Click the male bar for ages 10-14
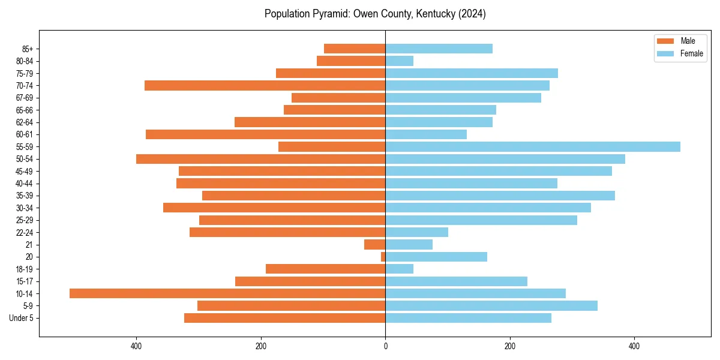coord(227,293)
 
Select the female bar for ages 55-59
coord(533,146)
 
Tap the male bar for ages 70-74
coord(265,85)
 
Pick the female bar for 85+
coord(439,49)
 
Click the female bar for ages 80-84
coord(399,61)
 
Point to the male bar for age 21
coord(374,244)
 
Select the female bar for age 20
coord(436,257)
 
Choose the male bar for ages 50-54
coord(260,159)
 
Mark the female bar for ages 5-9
coord(491,305)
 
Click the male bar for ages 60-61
coord(265,134)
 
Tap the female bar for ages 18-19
coord(399,269)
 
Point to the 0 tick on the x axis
coord(385,346)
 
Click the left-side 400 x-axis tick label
coord(136,346)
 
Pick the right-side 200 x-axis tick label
coord(510,346)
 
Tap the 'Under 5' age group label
coord(21,318)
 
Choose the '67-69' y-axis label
coord(24,98)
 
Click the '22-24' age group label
coord(24,232)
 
